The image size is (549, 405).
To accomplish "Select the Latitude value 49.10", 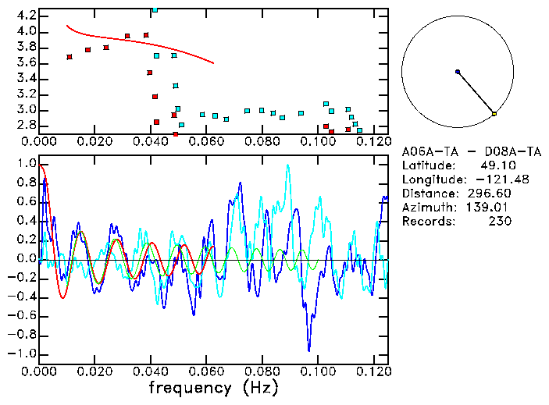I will click(497, 165).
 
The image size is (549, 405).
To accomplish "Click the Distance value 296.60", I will click(493, 194).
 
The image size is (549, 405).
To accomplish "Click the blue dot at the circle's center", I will click(458, 72).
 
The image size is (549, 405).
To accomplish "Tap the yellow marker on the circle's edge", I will click(494, 114).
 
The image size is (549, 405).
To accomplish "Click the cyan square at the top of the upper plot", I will click(155, 10).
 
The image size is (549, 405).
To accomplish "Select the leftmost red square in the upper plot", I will click(70, 57).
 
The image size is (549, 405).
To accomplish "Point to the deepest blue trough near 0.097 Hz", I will click(309, 350).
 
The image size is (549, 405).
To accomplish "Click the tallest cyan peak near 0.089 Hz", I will click(287, 165).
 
